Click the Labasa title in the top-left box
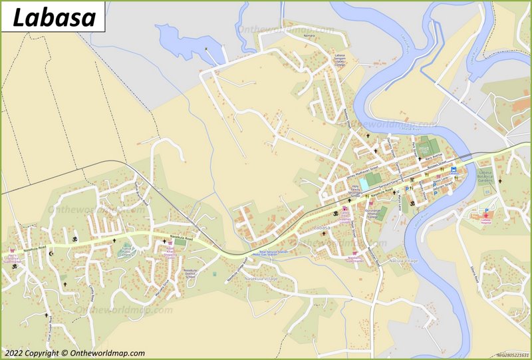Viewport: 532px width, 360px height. (53, 17)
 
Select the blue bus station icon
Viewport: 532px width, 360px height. (454, 170)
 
